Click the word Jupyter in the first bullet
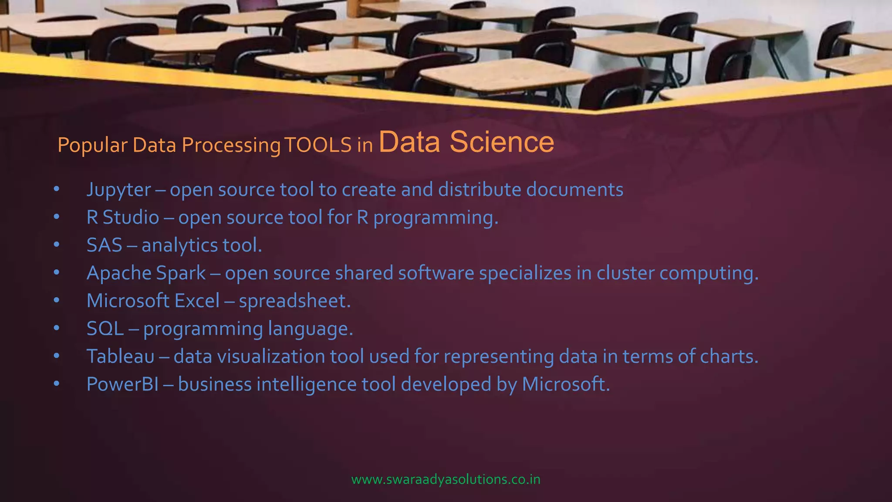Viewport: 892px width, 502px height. point(118,190)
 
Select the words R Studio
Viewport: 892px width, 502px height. point(123,217)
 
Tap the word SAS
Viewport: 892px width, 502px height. point(104,245)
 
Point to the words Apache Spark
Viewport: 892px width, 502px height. point(146,273)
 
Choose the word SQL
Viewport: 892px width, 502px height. point(105,329)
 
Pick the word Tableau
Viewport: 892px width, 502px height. point(121,356)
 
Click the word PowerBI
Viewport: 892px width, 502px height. point(123,384)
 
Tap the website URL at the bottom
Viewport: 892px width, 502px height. point(446,479)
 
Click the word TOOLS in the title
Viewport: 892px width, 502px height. point(318,145)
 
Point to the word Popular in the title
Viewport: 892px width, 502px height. point(92,145)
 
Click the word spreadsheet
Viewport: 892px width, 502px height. point(294,301)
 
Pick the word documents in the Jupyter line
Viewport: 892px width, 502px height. point(574,190)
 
